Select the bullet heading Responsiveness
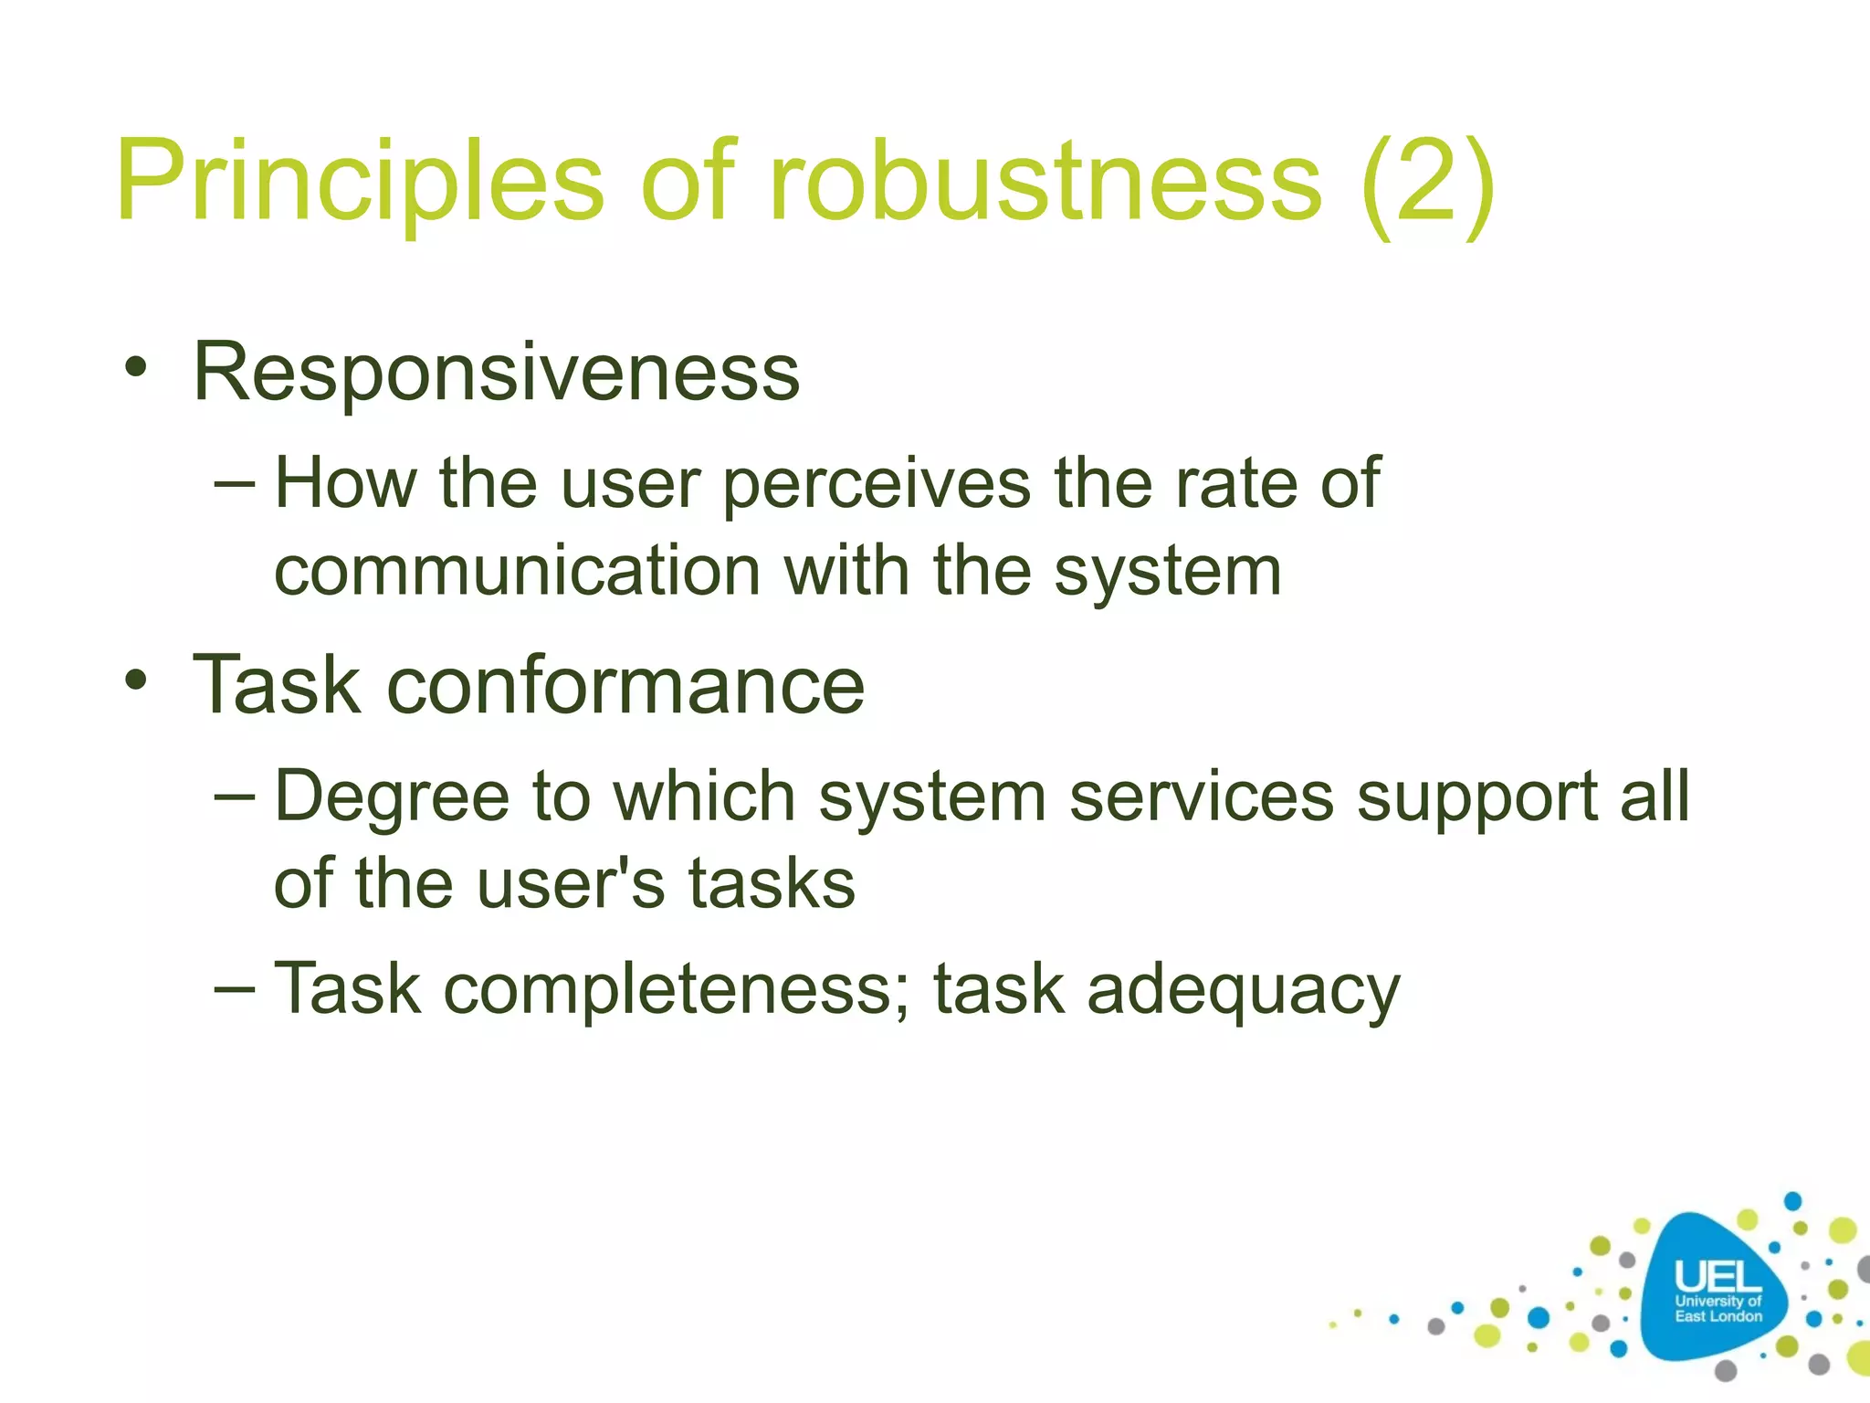pos(496,372)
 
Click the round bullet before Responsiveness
pos(136,369)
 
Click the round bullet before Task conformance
pos(136,680)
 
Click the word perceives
pos(877,484)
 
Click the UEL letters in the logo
pos(1718,1277)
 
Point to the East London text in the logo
pos(1718,1316)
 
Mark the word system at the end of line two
pos(1168,571)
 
